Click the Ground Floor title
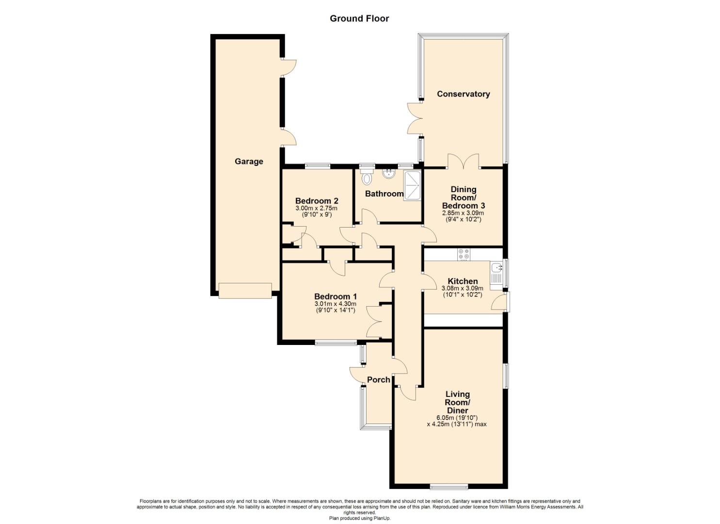point(359,18)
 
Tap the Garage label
point(249,162)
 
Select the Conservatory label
point(463,94)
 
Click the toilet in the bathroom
point(367,178)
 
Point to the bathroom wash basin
point(389,173)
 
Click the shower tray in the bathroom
point(412,186)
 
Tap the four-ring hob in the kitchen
point(464,254)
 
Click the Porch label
point(379,380)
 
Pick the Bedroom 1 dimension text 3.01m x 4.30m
point(336,304)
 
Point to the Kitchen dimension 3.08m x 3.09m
point(463,288)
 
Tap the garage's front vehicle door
point(245,291)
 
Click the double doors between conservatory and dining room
point(463,162)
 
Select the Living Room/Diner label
point(457,402)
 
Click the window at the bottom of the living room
point(449,487)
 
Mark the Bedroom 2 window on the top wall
point(318,166)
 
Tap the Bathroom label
point(384,194)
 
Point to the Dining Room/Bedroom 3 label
point(463,197)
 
